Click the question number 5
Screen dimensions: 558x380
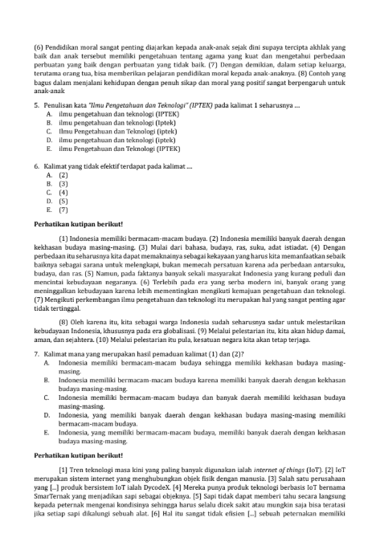[37, 105]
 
